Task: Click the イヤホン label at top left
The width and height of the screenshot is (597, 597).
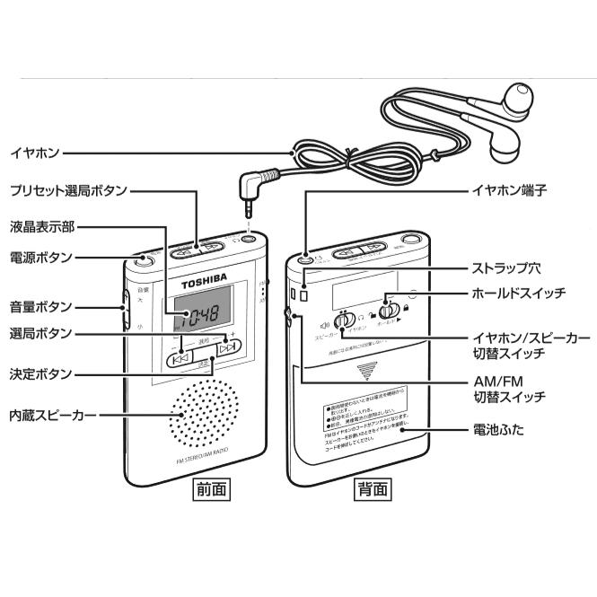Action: pyautogui.click(x=34, y=154)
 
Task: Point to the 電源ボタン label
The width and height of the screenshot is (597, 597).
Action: pyautogui.click(x=40, y=257)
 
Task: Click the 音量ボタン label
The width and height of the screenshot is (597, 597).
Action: pyautogui.click(x=40, y=305)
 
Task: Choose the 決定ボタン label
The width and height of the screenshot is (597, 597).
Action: pyautogui.click(x=40, y=372)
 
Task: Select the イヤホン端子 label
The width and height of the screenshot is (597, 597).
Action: pyautogui.click(x=508, y=191)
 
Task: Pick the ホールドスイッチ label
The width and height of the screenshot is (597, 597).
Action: pyautogui.click(x=519, y=293)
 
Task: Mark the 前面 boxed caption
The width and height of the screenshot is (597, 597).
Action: pyautogui.click(x=211, y=489)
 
